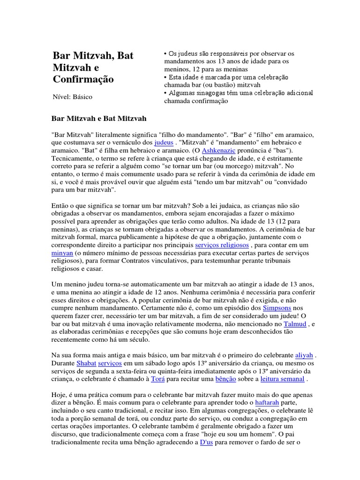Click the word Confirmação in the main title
(83, 79)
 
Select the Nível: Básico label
(72, 97)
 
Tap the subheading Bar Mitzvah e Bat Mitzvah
(98, 119)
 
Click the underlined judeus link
(164, 142)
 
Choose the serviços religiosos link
(222, 245)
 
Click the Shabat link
(85, 363)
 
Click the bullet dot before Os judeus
(165, 53)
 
